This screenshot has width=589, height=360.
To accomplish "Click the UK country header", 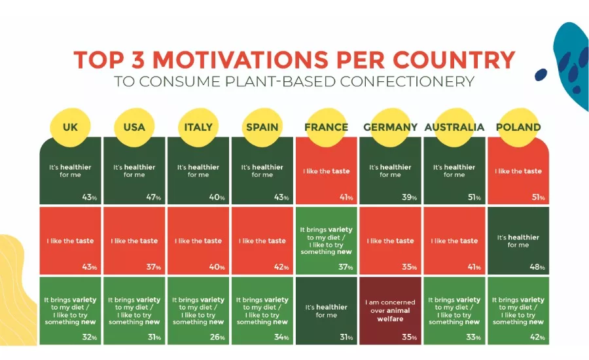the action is coord(70,127).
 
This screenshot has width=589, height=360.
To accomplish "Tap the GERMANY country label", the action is coord(390,127).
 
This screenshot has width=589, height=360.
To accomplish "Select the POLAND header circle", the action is coord(518,127).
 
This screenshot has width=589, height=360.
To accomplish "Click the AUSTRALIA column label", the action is coord(454,127).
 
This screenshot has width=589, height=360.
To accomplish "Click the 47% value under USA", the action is coord(153,197).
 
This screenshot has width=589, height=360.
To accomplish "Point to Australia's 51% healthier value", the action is coord(474,197).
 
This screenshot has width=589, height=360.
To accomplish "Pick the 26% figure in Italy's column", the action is coord(217,337).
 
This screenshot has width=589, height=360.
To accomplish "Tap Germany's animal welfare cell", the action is coord(390,311).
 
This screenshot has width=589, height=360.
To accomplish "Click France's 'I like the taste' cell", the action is coord(327,171).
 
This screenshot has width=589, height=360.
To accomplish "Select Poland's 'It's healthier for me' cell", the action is coord(518,240).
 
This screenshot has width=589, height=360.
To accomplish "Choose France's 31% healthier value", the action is coord(346,337).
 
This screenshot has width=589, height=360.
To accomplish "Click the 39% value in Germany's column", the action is coord(409,197).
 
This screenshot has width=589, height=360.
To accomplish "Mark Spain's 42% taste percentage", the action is coord(281,267).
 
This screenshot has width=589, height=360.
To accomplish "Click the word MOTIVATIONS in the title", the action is coord(240,60).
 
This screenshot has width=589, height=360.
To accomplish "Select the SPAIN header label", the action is coord(262,127).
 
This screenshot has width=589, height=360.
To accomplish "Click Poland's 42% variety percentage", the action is coord(537,337).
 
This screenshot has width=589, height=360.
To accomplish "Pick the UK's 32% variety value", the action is coord(90,337).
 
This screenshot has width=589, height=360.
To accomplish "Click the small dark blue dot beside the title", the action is coord(541,75).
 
